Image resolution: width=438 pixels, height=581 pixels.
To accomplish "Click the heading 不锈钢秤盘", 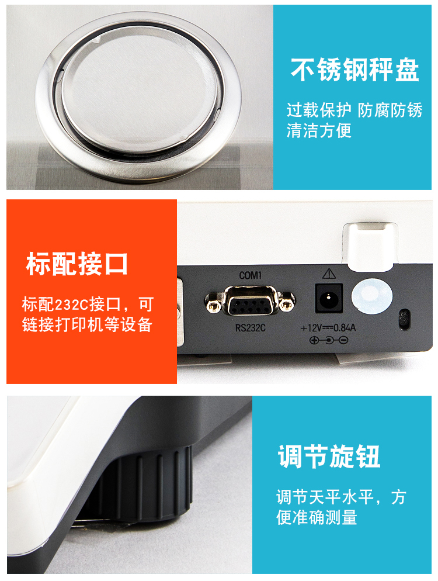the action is [x=354, y=70].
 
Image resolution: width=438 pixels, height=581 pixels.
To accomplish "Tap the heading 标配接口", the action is [x=77, y=264].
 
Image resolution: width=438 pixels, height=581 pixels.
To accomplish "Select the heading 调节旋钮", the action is [x=329, y=456].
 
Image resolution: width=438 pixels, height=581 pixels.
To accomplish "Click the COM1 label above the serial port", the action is [x=251, y=275].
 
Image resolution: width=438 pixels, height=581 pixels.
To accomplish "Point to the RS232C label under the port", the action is [x=251, y=327].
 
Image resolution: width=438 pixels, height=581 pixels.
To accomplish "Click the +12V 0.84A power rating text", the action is [x=328, y=328].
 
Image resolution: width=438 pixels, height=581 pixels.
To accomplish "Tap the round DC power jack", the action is [x=329, y=298].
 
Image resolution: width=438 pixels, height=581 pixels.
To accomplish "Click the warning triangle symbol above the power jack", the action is [x=329, y=274].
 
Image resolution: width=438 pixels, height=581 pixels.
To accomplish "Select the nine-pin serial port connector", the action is [x=251, y=300].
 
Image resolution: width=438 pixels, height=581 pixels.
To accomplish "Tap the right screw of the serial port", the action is [x=287, y=305].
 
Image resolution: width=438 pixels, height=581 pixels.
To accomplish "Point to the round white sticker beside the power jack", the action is [x=372, y=296].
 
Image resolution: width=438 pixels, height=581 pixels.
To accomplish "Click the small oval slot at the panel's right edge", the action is [x=404, y=319].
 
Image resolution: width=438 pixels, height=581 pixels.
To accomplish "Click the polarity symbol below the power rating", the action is [x=329, y=340].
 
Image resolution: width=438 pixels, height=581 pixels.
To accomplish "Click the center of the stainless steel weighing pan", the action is [x=140, y=92].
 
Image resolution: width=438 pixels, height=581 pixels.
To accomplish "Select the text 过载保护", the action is [x=319, y=110].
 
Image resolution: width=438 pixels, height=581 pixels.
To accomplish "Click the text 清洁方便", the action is [x=319, y=130].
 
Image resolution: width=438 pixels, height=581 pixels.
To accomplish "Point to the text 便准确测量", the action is [x=317, y=517].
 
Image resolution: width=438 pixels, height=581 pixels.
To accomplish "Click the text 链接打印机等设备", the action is [x=88, y=324].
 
